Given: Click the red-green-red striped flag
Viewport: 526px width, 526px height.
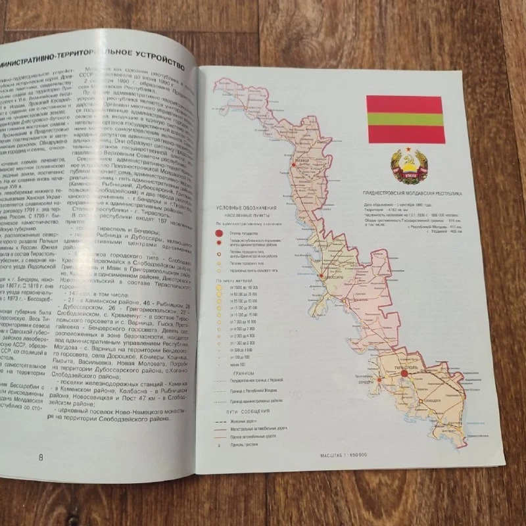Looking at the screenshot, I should [405, 119].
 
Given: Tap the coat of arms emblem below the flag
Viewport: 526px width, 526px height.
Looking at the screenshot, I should [405, 167].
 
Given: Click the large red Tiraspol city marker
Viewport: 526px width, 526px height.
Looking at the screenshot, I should [404, 373].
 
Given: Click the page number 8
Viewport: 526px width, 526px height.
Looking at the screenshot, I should [41, 457].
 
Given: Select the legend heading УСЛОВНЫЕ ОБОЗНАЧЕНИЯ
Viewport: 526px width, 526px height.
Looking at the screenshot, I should [244, 208].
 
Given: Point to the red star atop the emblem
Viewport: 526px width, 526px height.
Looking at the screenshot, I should [406, 152].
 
